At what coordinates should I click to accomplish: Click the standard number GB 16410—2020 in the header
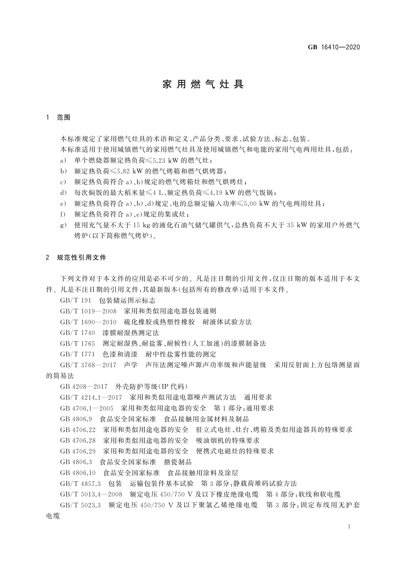(334, 47)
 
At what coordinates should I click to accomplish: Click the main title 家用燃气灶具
(203, 85)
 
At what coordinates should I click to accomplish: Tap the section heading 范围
(64, 118)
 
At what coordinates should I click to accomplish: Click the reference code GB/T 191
(75, 301)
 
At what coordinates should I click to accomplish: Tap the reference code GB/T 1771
(77, 354)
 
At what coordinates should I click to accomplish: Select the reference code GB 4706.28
(78, 440)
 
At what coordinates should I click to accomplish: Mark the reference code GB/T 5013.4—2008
(91, 494)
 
